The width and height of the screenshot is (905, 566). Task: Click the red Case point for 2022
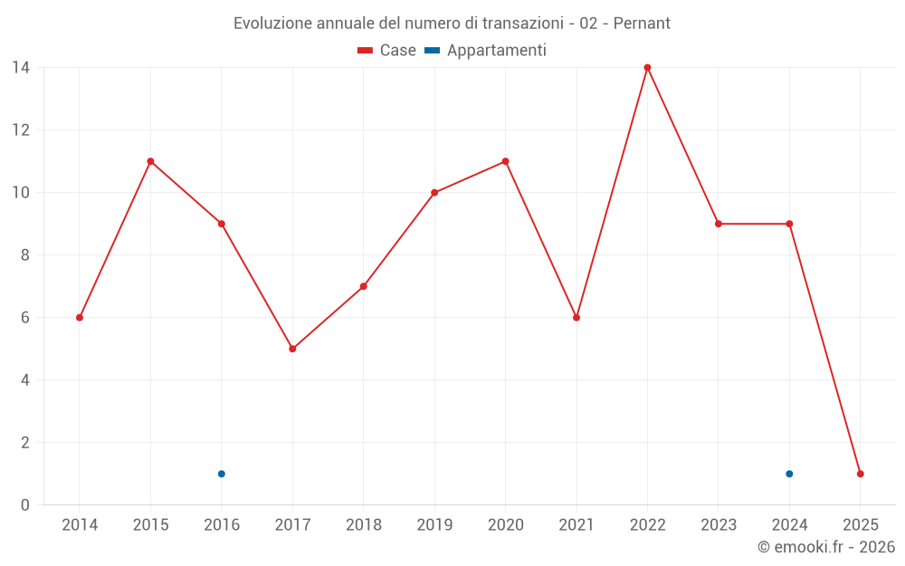pos(647,68)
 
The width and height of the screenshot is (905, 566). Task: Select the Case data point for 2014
pos(80,318)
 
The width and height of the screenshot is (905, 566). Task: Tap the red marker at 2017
pos(292,349)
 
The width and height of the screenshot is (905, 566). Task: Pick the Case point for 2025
pos(860,474)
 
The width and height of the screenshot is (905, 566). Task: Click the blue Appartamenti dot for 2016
pos(222,474)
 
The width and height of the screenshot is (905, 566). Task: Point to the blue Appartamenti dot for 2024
pos(789,474)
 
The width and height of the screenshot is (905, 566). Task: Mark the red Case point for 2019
pos(434,193)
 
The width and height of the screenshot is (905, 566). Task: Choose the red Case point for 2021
pos(576,318)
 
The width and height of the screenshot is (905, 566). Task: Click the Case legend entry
pos(387,51)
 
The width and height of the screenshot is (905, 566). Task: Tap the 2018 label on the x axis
pos(363,525)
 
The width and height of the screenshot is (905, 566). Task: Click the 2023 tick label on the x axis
pos(719,525)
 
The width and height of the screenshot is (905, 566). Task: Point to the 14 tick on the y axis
pos(21,68)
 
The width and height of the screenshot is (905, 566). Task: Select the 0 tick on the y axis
pos(25,505)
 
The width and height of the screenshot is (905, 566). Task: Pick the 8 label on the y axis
pos(25,255)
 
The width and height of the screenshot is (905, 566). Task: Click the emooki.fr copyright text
pos(826,547)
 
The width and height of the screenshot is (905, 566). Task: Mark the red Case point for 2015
pos(150,161)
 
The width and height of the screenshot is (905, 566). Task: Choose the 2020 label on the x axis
pos(505,525)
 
